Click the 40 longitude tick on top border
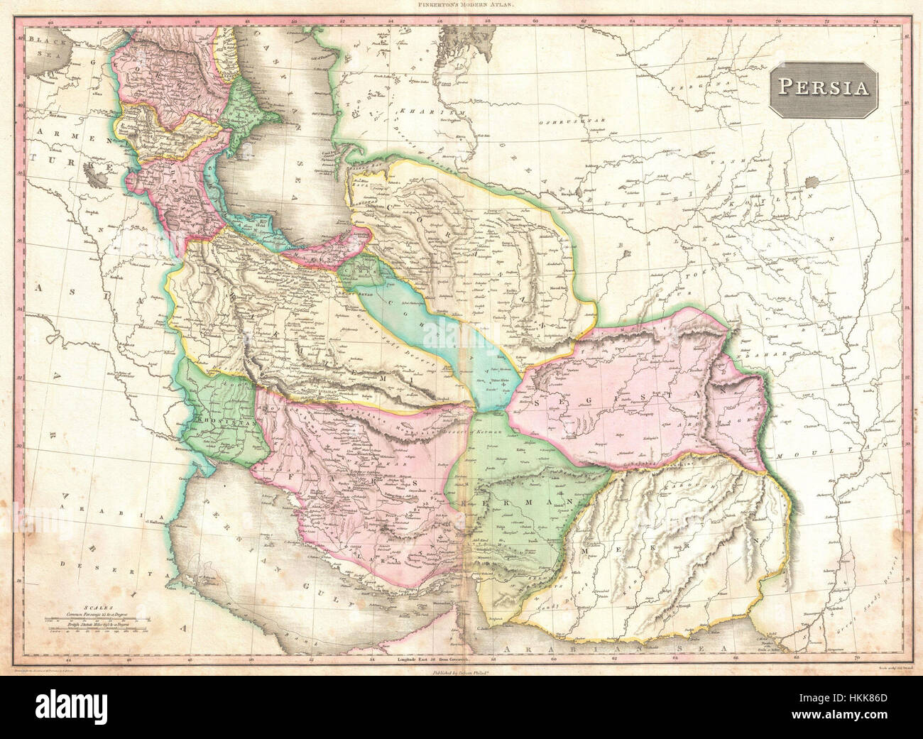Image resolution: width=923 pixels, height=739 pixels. tap(51, 23)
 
